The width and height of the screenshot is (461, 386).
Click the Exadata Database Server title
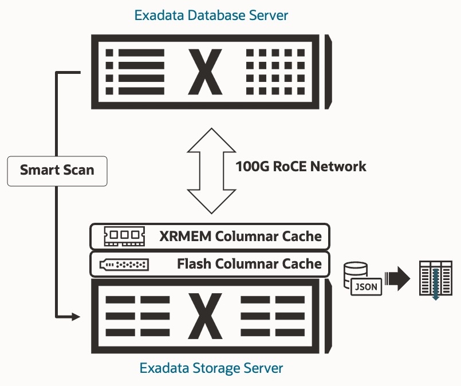pos(211,15)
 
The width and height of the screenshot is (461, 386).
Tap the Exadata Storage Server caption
pos(211,368)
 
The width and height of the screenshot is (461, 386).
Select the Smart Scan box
pos(57,170)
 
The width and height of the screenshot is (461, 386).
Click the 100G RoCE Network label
pos(301,167)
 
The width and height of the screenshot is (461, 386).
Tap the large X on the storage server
pos(204,316)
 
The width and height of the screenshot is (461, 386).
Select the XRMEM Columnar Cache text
pos(240,236)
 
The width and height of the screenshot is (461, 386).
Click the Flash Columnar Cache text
pos(249,264)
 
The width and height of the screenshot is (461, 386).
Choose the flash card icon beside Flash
pos(124,265)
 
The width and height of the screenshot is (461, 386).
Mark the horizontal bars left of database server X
pos(135,72)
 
